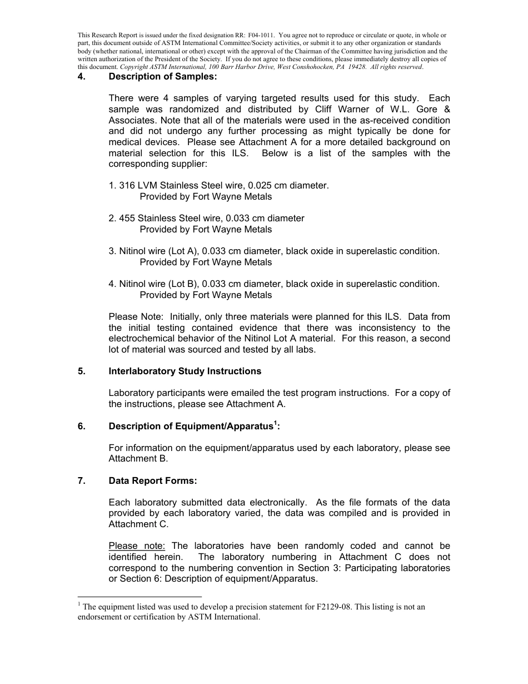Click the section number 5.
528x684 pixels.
(x=82, y=371)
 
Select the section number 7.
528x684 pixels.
(x=82, y=481)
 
